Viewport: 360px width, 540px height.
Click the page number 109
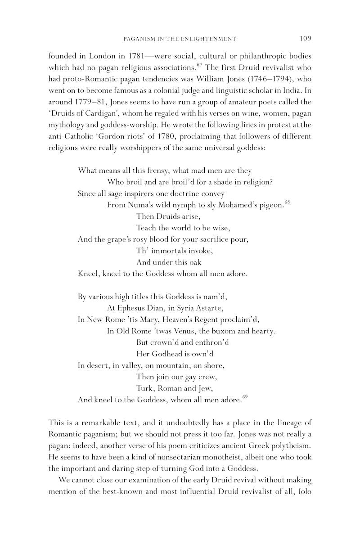pos(306,38)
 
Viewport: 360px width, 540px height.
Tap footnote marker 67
pos(198,67)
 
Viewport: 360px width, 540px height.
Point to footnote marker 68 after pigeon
pos(287,202)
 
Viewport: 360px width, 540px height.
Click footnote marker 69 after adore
pos(245,396)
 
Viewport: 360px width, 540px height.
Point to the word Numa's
pos(139,205)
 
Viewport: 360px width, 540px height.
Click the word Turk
pos(144,388)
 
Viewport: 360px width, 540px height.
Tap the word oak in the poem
pos(194,262)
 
